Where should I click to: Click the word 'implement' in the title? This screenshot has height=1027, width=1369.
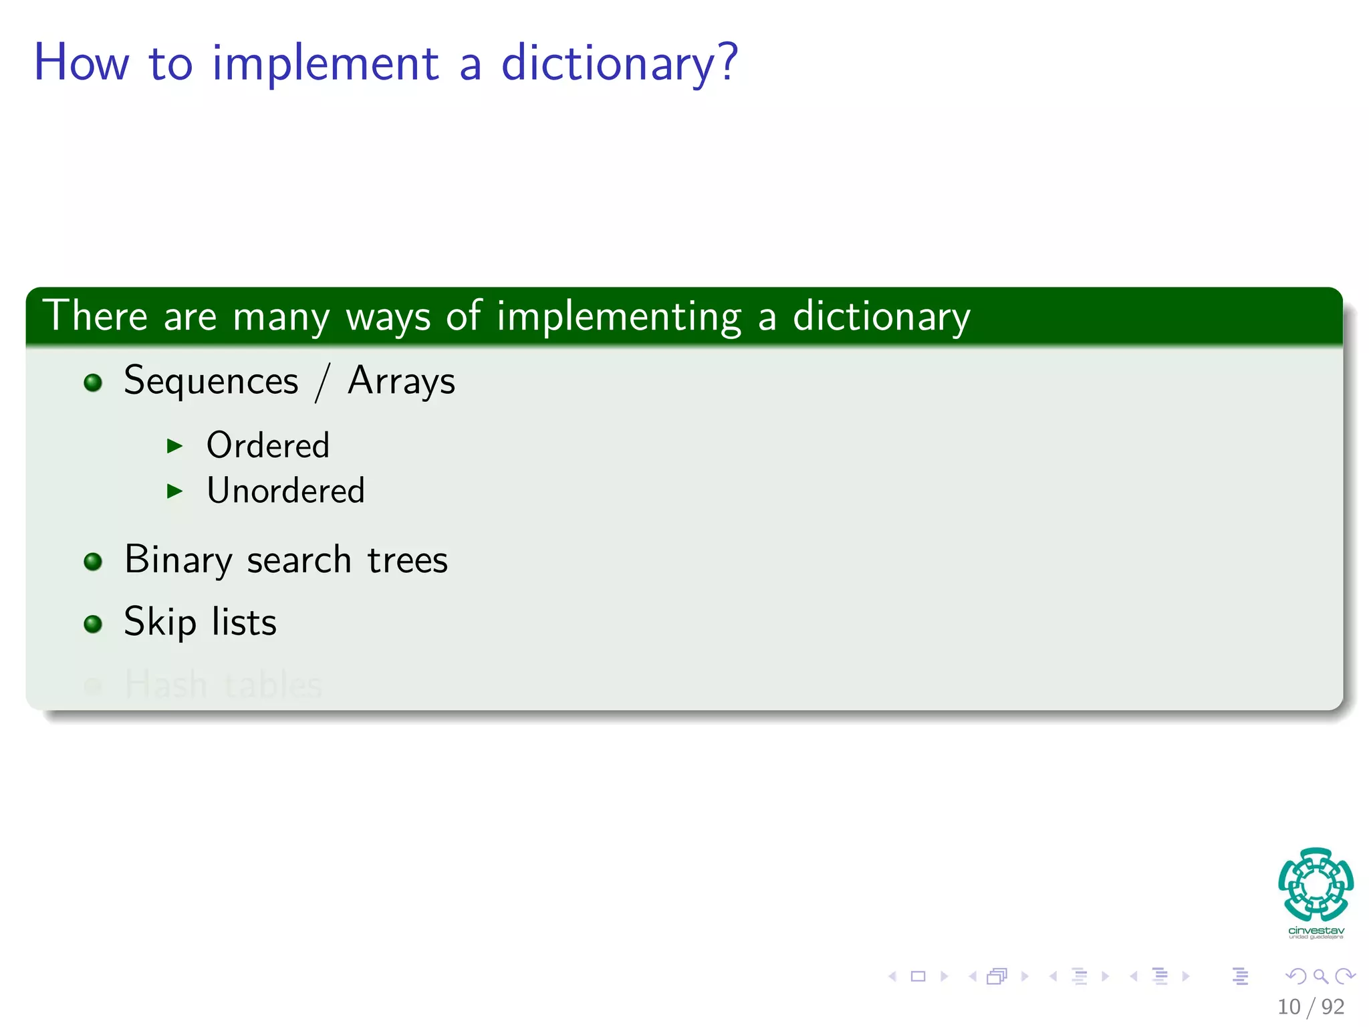pos(326,64)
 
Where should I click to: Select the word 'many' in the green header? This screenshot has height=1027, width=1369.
pos(281,316)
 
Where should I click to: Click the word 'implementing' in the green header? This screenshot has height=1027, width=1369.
pos(618,316)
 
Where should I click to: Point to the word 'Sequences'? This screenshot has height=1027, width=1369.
pos(211,382)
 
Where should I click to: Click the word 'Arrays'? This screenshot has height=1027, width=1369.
pos(401,382)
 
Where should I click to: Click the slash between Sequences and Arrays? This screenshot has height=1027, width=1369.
pos(323,382)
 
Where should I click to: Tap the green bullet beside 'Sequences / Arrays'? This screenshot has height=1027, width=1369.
pos(93,382)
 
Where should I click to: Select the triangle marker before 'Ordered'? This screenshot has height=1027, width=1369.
pos(174,446)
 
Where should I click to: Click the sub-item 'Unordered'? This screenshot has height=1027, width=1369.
pos(285,491)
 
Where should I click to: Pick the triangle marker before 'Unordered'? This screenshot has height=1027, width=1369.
pos(174,491)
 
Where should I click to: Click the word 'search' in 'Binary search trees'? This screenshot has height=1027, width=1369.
pos(299,560)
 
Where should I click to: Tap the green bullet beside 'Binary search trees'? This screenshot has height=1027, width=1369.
pos(93,562)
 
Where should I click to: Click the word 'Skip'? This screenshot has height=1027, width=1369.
pos(160,622)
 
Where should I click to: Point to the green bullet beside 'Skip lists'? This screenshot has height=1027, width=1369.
pos(93,624)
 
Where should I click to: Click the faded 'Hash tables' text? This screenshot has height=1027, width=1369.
pos(223,684)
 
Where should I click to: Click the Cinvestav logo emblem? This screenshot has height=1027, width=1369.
pos(1316,884)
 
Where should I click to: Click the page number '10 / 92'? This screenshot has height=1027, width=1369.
pos(1310,1006)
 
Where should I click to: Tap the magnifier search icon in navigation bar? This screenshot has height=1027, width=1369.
pos(1320,976)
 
